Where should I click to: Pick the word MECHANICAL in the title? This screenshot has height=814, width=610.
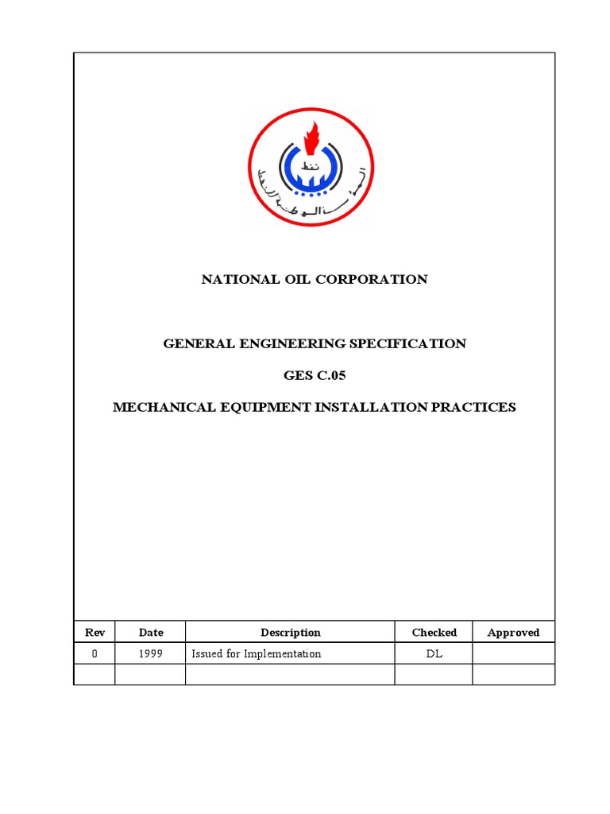click(x=162, y=407)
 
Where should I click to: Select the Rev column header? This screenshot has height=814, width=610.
click(x=94, y=633)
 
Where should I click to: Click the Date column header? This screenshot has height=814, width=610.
click(x=151, y=633)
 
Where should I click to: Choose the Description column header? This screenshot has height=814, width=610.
click(x=290, y=633)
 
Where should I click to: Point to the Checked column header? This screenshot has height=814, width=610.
click(x=434, y=633)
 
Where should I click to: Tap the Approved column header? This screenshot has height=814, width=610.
click(x=513, y=633)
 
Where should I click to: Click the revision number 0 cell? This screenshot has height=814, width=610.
click(x=94, y=653)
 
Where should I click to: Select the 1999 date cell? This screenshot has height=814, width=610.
click(x=151, y=653)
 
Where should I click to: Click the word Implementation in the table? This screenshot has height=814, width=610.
click(x=283, y=653)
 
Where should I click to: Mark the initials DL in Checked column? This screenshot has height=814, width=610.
click(x=434, y=653)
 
